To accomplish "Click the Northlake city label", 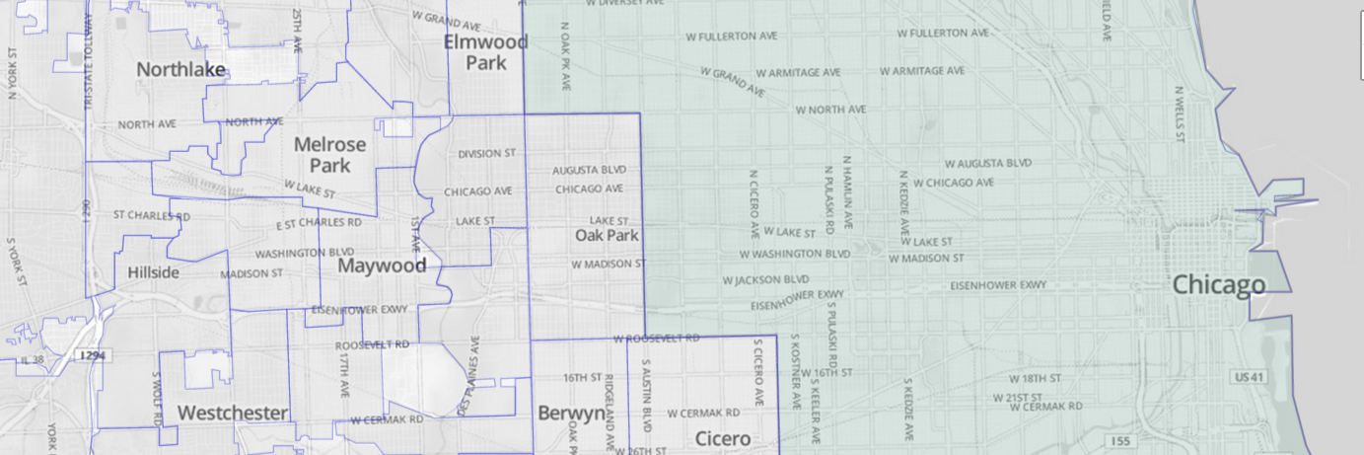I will [x=180, y=70].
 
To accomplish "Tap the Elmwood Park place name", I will [x=485, y=52].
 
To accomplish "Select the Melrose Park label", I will [x=329, y=154].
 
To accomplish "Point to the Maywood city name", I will [x=382, y=265].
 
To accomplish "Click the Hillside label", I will [x=153, y=272].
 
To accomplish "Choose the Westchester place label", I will [x=233, y=413].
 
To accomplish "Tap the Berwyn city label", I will [x=570, y=414].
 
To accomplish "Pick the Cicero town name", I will [x=722, y=438].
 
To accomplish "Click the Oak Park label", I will [x=607, y=236].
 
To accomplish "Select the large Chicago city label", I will [x=1218, y=286].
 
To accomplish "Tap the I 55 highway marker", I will [x=1118, y=440].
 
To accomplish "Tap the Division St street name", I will [x=487, y=154].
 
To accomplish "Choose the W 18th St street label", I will [x=1034, y=379].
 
